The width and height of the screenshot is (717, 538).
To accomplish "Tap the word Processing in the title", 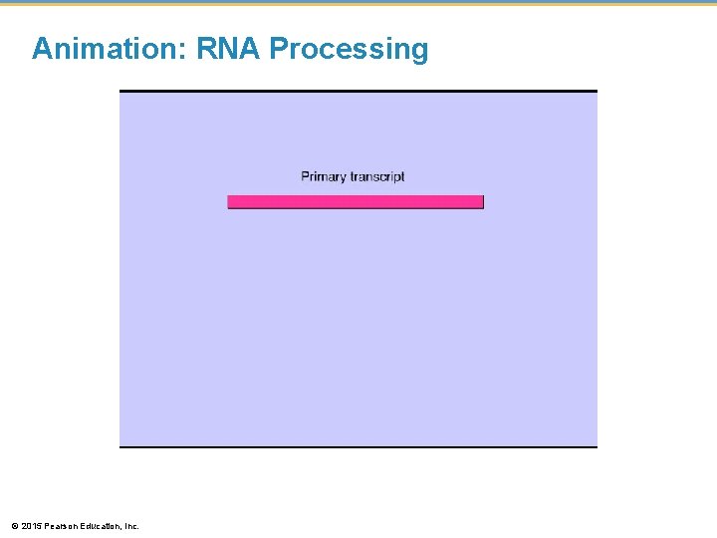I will pos(349,50).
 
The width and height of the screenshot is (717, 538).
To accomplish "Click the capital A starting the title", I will pos(42,49).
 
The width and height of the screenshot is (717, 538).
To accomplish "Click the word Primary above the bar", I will pos(324,177).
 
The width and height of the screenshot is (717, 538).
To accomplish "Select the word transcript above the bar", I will pos(377,177).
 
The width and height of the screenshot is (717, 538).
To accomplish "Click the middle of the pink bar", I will pos(356,201).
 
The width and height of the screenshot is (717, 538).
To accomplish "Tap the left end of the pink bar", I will pos(230,201).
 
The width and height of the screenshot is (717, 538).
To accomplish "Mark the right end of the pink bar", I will pos(481,201).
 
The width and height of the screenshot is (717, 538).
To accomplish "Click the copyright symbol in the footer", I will pos(14,525).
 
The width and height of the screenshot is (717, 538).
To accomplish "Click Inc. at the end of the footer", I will pos(132,525).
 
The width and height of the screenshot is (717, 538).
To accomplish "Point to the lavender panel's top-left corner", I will pos(120,92).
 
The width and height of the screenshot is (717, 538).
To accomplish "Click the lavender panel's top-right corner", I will pos(597,92).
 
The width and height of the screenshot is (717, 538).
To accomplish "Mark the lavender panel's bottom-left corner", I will pos(120,445).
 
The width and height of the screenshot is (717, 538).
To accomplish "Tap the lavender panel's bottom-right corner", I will pos(597,445).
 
